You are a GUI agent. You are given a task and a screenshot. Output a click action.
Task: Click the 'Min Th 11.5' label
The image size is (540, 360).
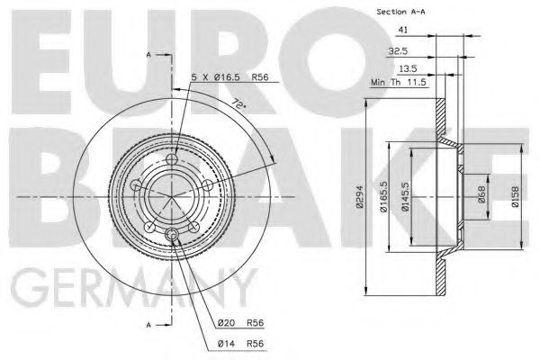[x=396, y=83]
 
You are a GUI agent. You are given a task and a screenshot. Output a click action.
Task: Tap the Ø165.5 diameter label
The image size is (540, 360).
[x=382, y=193]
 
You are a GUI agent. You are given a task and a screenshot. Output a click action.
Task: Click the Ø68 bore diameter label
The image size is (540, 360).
[x=482, y=193]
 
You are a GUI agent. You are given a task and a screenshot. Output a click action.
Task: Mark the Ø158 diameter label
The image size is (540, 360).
[x=515, y=193]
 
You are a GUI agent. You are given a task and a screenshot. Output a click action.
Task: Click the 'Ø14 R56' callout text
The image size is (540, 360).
[x=238, y=343]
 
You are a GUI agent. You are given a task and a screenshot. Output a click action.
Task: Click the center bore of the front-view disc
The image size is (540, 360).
[x=172, y=193]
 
